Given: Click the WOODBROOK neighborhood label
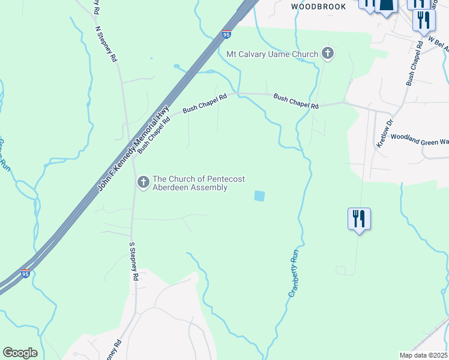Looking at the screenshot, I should pyautogui.click(x=319, y=7).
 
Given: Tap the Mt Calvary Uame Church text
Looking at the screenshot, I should pyautogui.click(x=272, y=55).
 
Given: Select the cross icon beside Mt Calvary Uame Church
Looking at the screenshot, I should pyautogui.click(x=328, y=54).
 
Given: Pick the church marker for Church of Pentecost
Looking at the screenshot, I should pyautogui.click(x=143, y=182).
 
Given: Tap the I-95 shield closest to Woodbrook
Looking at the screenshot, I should pyautogui.click(x=226, y=35).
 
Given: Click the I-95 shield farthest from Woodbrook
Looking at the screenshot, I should pyautogui.click(x=25, y=274).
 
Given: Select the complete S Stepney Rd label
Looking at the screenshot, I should pyautogui.click(x=134, y=262).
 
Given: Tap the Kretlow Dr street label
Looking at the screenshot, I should pyautogui.click(x=384, y=133).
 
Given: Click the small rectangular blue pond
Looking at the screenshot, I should pyautogui.click(x=259, y=196).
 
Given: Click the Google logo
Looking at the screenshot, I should pyautogui.click(x=20, y=353).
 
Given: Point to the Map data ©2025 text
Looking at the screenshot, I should pyautogui.click(x=423, y=355).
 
